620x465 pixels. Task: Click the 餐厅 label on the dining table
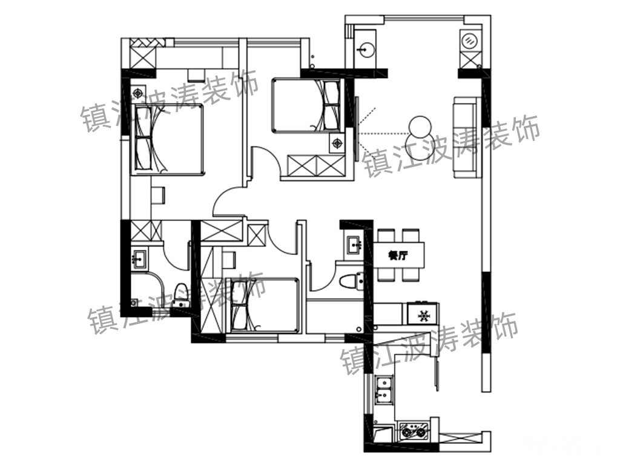[398, 256]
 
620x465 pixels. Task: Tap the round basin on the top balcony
[365, 49]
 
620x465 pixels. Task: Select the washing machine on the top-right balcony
[469, 40]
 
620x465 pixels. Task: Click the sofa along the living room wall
[467, 137]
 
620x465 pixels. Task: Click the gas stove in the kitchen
[414, 430]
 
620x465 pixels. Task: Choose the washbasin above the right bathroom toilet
[354, 245]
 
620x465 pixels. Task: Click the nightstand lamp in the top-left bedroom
[138, 93]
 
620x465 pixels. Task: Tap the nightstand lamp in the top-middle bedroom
[337, 143]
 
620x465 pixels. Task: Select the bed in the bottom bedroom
[262, 305]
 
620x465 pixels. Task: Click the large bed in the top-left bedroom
[168, 139]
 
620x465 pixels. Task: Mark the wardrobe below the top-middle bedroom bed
[316, 166]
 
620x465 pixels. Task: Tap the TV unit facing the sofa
[357, 129]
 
